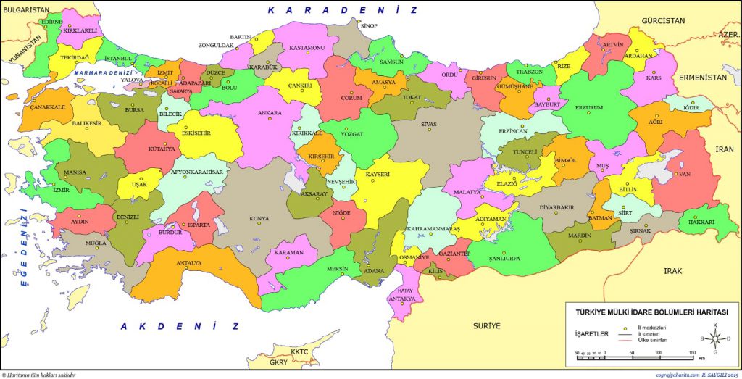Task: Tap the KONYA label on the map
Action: click(x=259, y=218)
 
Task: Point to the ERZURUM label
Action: click(x=589, y=107)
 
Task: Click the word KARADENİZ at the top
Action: click(x=343, y=10)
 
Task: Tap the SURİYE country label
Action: click(x=486, y=326)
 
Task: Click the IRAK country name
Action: click(x=673, y=270)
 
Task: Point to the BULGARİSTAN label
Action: click(x=25, y=11)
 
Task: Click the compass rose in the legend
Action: click(x=715, y=338)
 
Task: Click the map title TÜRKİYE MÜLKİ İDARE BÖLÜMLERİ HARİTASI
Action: click(x=651, y=312)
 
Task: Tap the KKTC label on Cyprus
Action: click(x=299, y=352)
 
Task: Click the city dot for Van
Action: click(x=678, y=175)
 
